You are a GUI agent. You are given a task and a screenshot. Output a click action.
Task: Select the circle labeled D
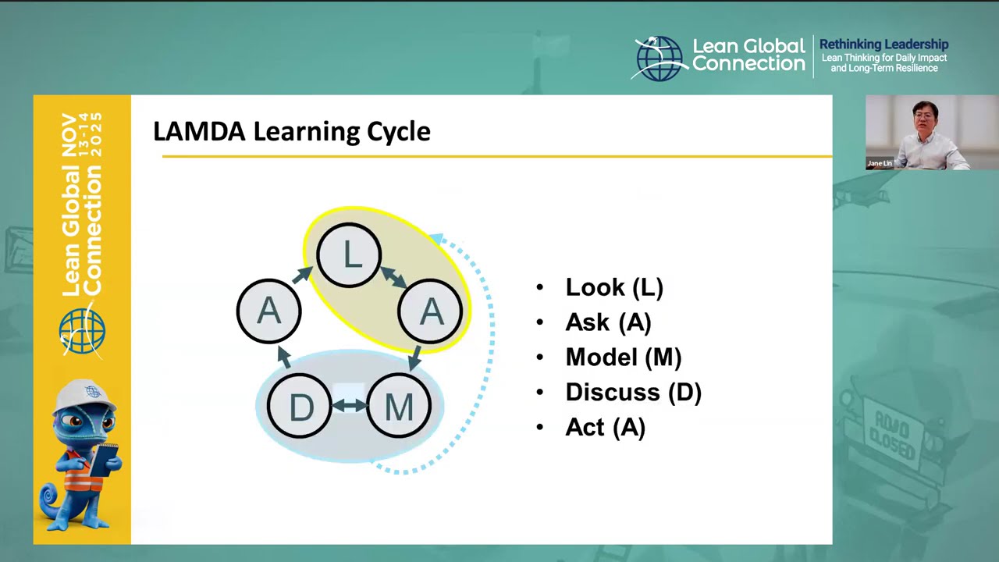tap(300, 407)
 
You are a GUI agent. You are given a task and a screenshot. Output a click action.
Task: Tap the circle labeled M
tap(399, 407)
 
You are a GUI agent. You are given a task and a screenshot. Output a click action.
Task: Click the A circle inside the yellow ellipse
tap(431, 311)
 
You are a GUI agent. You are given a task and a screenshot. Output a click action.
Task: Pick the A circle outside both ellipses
tap(268, 311)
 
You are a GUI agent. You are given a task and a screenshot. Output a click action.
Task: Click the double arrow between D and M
tap(350, 405)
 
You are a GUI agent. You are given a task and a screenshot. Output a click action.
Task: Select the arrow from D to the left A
tap(284, 357)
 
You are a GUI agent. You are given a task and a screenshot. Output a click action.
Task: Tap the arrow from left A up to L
tap(302, 275)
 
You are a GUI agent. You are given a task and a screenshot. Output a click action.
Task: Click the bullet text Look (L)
tap(614, 287)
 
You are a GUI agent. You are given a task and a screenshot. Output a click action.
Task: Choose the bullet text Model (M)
tap(623, 357)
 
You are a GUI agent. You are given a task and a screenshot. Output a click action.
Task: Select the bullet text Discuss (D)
tap(633, 393)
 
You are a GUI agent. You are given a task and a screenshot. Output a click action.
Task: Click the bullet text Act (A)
tap(605, 428)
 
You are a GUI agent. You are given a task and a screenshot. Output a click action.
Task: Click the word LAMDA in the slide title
tap(199, 131)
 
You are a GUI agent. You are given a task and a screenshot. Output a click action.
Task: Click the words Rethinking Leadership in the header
tap(883, 44)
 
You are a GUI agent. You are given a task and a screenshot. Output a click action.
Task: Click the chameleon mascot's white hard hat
tap(88, 395)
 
